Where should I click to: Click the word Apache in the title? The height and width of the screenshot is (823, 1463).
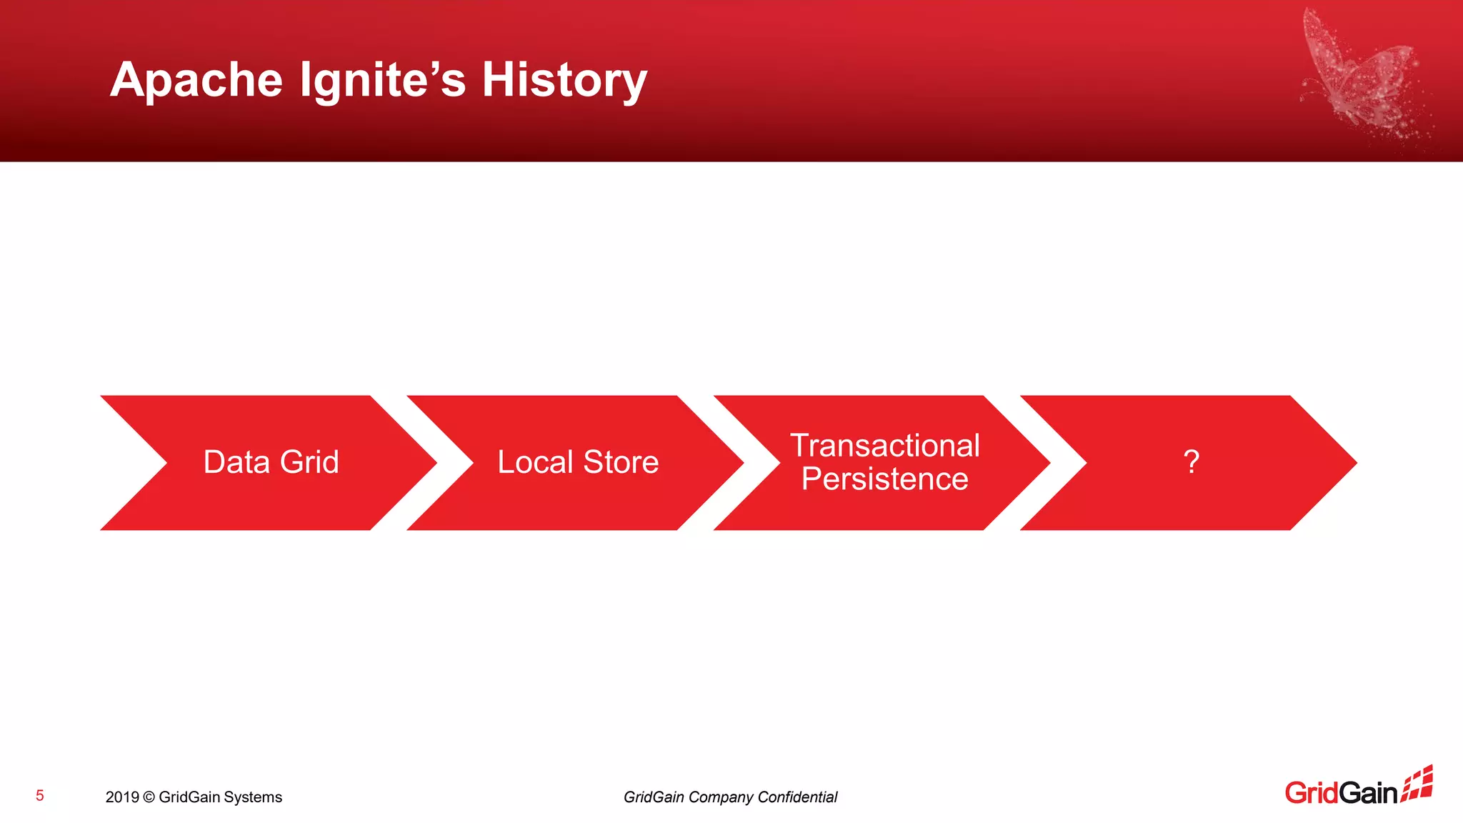click(196, 80)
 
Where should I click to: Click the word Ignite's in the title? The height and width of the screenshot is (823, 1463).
click(382, 80)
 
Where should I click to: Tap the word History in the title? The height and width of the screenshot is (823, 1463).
click(564, 80)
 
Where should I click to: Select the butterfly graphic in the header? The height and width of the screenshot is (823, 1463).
click(1361, 75)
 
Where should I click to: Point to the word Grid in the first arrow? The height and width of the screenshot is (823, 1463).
click(309, 462)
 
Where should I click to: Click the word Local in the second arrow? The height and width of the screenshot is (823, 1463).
click(535, 462)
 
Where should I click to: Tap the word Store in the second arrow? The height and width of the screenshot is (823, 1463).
click(621, 462)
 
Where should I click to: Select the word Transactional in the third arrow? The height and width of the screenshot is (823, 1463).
click(884, 446)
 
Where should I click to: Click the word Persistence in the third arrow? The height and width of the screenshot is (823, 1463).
click(884, 479)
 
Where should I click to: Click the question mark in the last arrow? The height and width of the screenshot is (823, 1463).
click(1191, 462)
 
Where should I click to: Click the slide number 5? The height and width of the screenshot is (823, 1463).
click(40, 796)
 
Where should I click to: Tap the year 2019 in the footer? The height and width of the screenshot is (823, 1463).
click(121, 797)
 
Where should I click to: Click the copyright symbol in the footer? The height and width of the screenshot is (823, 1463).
click(149, 797)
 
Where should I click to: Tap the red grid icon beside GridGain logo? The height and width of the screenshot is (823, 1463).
click(1417, 784)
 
